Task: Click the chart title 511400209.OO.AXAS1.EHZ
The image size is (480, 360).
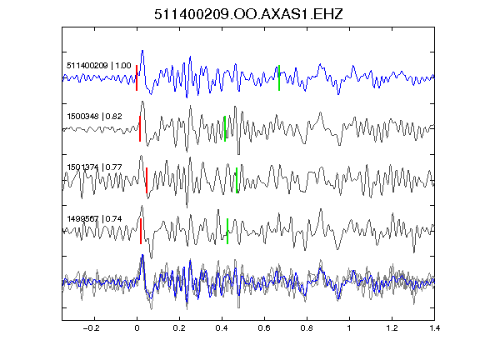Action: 248,14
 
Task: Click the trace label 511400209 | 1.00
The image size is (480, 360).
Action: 99,66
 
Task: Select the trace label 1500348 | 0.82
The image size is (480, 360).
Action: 95,117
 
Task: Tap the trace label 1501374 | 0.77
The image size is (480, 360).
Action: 95,167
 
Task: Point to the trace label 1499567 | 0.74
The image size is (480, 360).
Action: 95,219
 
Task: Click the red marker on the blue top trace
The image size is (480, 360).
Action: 137,77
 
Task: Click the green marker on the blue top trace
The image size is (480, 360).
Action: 279,77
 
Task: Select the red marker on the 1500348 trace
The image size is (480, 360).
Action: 140,128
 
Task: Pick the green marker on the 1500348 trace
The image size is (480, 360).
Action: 225,128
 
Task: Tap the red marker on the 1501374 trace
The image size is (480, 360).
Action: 147,181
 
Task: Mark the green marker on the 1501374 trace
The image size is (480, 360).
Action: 237,181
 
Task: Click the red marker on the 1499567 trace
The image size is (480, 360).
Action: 141,231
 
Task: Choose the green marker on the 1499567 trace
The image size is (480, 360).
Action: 227,231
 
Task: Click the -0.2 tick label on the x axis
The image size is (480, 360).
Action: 92,328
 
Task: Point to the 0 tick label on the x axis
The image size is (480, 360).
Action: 137,328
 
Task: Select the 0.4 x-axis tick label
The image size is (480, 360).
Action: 222,328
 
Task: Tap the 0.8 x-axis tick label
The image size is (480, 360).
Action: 307,328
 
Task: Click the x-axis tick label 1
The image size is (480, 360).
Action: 349,328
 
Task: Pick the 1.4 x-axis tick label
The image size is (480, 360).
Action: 434,328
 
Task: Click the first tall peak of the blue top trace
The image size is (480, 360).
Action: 142,51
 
